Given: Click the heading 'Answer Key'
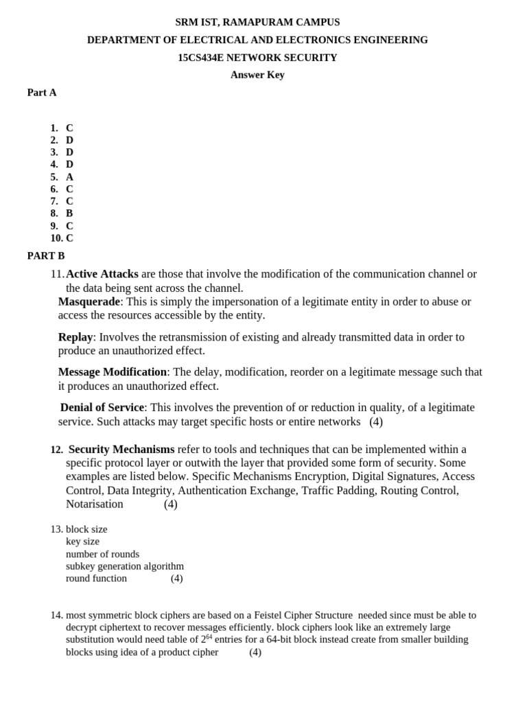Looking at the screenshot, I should click(x=257, y=75).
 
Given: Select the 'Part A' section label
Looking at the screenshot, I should click(x=42, y=92).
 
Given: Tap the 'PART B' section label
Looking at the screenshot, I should click(x=46, y=255).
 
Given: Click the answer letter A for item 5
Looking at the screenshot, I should click(x=69, y=176).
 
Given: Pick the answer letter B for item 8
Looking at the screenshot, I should click(x=69, y=214).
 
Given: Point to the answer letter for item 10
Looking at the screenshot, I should click(x=69, y=238).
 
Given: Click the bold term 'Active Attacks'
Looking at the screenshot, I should click(x=102, y=274).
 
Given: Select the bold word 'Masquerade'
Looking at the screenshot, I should click(x=89, y=301).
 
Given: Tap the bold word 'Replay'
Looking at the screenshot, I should click(x=75, y=336).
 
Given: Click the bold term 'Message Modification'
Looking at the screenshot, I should click(x=113, y=371).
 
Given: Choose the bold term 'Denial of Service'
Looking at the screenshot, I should click(x=102, y=407).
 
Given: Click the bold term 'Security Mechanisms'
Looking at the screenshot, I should click(x=121, y=449).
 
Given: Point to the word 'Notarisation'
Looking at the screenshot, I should click(x=95, y=504).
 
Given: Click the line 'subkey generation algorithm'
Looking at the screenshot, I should click(x=125, y=566).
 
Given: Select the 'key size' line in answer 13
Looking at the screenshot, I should click(x=82, y=541).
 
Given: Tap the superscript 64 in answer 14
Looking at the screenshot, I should click(x=209, y=637).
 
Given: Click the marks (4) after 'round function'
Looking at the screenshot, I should click(x=176, y=578).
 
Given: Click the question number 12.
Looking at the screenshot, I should click(x=56, y=450).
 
